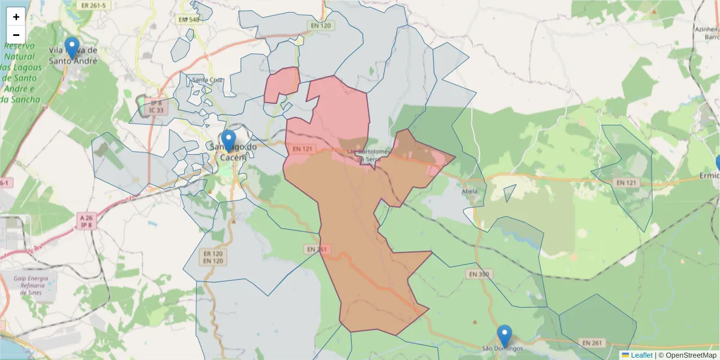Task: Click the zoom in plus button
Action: [16, 17]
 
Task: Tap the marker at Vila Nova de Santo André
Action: [72, 48]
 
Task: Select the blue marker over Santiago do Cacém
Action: [229, 141]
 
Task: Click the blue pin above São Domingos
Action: [505, 336]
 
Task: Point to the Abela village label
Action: [470, 192]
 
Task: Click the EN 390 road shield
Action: [477, 274]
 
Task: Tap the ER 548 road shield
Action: [188, 20]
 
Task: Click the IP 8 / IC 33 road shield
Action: [156, 107]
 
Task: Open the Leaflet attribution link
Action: [641, 355]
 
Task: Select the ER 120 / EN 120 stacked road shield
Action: [214, 257]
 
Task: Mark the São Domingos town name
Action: [503, 348]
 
